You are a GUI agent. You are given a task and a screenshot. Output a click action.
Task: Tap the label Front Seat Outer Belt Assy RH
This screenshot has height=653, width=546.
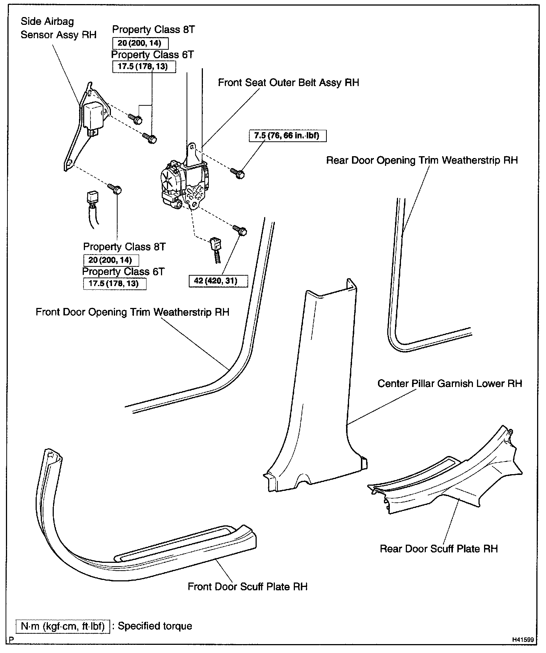[288, 82]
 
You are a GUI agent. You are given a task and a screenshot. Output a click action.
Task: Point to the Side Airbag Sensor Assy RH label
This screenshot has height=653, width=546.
[58, 28]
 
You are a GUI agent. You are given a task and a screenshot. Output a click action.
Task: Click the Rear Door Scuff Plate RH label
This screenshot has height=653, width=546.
[438, 549]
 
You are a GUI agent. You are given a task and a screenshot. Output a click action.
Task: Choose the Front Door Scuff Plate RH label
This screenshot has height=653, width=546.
[247, 587]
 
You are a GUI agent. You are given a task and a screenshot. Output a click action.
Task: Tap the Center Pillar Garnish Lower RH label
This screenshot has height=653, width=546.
[450, 383]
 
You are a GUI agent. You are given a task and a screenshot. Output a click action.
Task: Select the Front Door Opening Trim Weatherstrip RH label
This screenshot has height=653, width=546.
[132, 312]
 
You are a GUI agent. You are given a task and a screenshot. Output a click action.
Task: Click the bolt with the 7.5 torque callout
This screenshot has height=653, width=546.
[238, 173]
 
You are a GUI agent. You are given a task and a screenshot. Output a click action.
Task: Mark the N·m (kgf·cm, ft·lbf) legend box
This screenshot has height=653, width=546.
[63, 626]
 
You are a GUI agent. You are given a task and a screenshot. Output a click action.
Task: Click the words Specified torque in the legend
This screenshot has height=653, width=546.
[155, 626]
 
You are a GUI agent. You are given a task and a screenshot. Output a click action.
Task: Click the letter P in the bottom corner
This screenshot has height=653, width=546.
[11, 640]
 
